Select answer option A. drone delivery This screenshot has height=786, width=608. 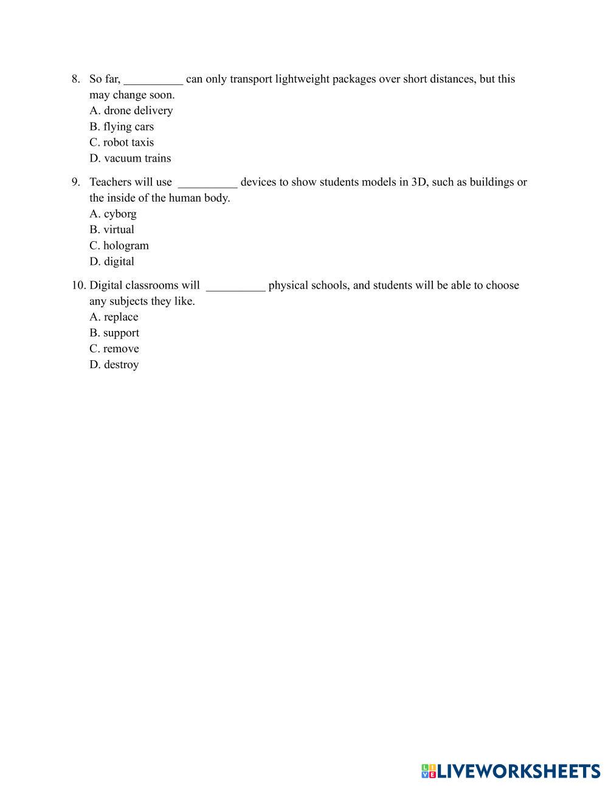(131, 111)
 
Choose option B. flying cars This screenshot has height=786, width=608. (122, 126)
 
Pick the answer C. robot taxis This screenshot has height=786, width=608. (122, 142)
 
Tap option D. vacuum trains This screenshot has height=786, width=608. (130, 158)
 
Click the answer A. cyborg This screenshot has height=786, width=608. (113, 214)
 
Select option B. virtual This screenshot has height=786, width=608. (112, 230)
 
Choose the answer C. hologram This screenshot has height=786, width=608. (119, 245)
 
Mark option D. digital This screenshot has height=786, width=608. (112, 261)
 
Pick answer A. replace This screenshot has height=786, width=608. (114, 317)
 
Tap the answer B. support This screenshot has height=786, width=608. (114, 333)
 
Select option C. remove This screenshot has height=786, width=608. (114, 349)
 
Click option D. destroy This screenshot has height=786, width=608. (114, 364)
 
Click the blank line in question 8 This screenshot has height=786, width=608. (153, 80)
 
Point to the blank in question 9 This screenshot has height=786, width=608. (207, 183)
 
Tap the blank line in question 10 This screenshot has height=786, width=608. (235, 287)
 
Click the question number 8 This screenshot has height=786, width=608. (75, 79)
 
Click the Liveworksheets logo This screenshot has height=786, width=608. (510, 771)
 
